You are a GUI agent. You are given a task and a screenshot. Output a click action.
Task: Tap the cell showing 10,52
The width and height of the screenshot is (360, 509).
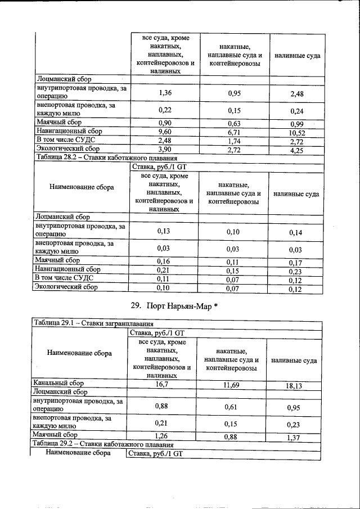296,133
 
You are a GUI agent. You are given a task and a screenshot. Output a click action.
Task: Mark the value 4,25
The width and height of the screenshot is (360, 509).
296,151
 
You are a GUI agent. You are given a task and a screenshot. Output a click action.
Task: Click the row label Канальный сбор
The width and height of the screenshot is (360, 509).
58,383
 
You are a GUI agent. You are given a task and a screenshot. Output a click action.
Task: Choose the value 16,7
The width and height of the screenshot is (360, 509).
163,383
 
